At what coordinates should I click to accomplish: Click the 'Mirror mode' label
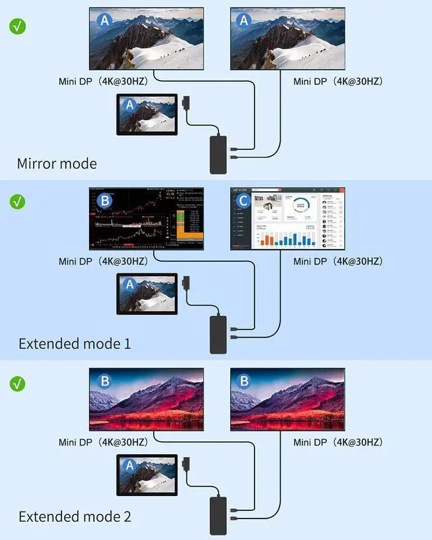[x=57, y=163]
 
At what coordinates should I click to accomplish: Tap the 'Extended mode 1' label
[x=74, y=344]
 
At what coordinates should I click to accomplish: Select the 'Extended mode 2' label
[x=74, y=517]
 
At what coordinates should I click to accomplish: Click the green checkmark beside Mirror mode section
[x=18, y=27]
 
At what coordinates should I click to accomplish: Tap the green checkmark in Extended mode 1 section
[x=18, y=201]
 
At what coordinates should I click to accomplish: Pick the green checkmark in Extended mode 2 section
[x=18, y=383]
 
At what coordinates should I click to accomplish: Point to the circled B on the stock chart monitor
[x=105, y=201]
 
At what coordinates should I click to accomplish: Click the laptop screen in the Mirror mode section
[x=146, y=114]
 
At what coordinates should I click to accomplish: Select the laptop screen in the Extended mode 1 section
[x=146, y=294]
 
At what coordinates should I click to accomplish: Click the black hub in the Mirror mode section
[x=218, y=155]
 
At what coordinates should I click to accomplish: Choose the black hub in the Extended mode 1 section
[x=218, y=334]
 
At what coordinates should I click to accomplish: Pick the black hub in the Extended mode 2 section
[x=218, y=514]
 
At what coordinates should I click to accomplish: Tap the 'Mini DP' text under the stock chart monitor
[x=102, y=261]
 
